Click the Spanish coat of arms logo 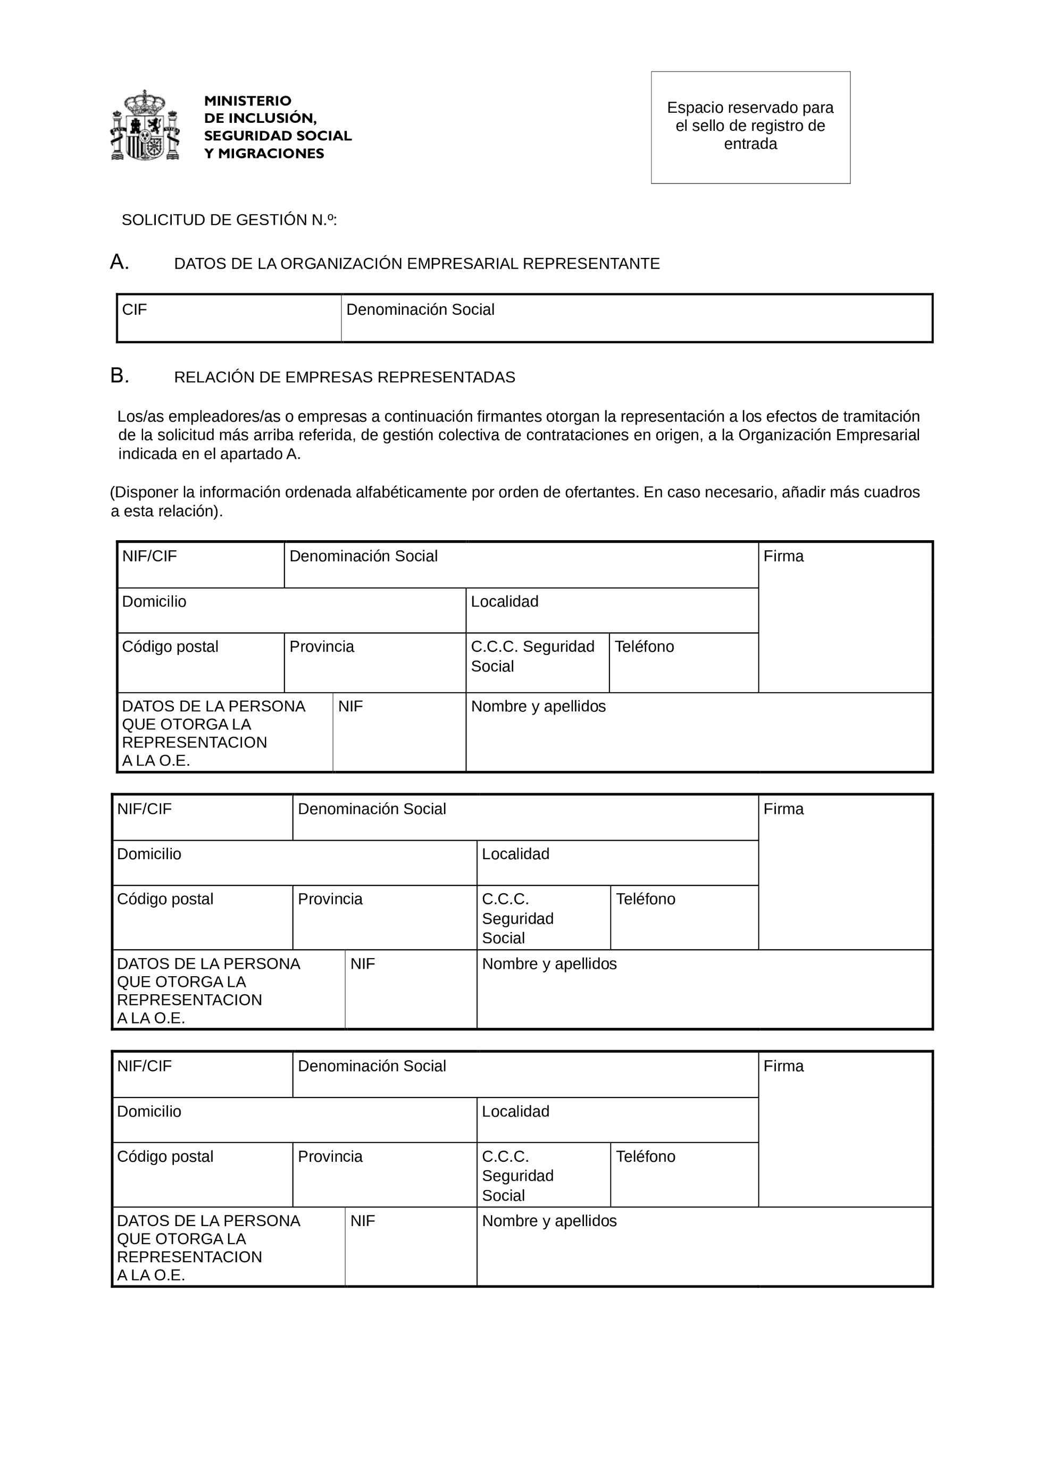[x=145, y=125]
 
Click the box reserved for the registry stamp [x=750, y=127]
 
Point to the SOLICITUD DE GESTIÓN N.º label [x=229, y=221]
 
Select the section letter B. [x=120, y=375]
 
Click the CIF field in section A [x=229, y=318]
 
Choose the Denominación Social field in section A [x=637, y=318]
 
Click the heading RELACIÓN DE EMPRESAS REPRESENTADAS [x=345, y=378]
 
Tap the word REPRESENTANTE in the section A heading [x=591, y=264]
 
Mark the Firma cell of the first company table [x=845, y=617]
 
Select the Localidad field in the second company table [x=617, y=863]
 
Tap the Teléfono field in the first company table [x=683, y=663]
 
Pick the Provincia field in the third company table [x=385, y=1175]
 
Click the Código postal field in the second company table [x=203, y=917]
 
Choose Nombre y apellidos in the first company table [x=698, y=732]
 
